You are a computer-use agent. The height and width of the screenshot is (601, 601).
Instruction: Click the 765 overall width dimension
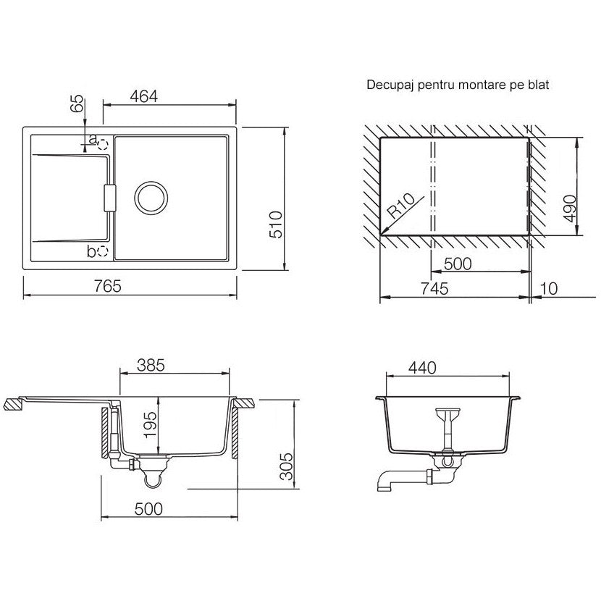[x=108, y=286]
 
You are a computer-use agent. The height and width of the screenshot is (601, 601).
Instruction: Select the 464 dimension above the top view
[x=144, y=96]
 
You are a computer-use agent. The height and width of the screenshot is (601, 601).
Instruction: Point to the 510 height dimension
[x=276, y=224]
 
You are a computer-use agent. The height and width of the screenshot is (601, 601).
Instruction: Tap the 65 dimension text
[x=77, y=103]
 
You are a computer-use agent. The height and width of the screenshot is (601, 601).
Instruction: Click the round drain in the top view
[x=151, y=198]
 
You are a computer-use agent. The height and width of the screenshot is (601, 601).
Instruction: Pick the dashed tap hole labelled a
[x=104, y=145]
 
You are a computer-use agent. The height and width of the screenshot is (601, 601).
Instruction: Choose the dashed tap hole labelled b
[x=104, y=251]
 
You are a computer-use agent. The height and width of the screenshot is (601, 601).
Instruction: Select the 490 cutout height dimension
[x=571, y=209]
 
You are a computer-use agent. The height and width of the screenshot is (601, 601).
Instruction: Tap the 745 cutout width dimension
[x=434, y=289]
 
